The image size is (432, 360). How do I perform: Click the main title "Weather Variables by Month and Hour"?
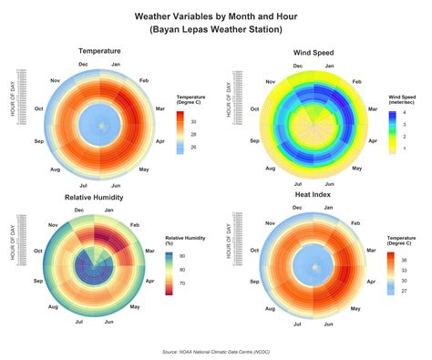pos(215,16)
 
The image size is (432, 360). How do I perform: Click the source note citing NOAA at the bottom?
pos(215,351)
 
